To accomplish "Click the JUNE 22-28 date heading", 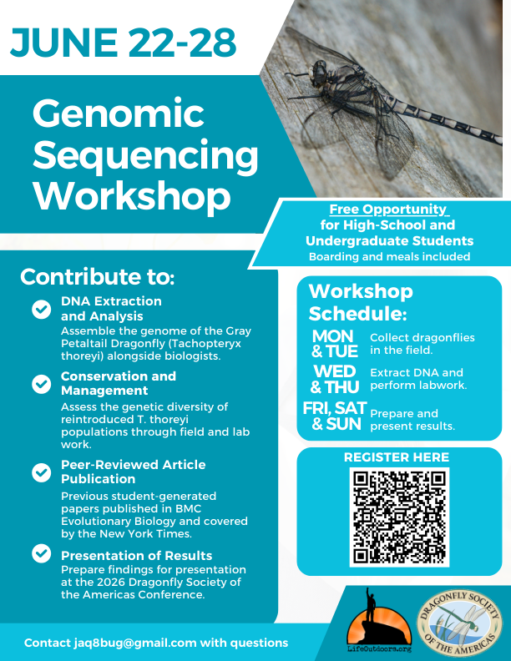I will click(124, 40).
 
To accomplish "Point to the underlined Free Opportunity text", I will click(388, 209).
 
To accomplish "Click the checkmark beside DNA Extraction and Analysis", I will click(41, 310).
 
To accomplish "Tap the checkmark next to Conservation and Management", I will click(41, 384).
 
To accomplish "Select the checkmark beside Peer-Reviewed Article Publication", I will click(41, 472).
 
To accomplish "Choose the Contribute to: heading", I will click(98, 277).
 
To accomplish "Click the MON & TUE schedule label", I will click(334, 343).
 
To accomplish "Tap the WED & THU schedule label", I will click(334, 379).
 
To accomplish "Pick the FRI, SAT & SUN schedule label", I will click(332, 416).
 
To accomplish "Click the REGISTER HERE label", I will click(397, 457).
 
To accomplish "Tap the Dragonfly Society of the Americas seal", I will click(460, 620).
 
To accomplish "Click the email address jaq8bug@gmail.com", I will click(127, 643).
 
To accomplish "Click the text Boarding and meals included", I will click(389, 256).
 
